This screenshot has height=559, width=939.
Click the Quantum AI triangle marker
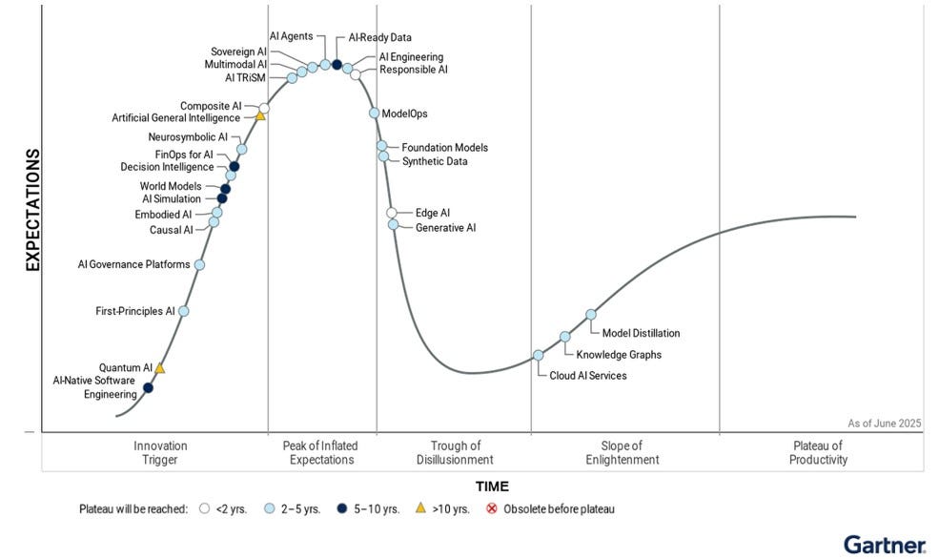160,368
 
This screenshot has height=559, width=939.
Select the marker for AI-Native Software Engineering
148,387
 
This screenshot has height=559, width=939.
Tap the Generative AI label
445,228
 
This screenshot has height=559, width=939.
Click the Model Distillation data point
591,314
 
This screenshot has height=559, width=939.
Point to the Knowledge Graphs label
619,355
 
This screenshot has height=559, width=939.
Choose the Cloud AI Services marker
538,355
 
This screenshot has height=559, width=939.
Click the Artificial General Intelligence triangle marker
260,116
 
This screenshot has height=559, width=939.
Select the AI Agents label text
291,36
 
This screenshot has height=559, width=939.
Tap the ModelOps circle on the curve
375,114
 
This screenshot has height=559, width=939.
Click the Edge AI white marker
392,213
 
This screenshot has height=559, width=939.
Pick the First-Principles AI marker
184,311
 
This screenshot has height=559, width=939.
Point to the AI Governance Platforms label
133,264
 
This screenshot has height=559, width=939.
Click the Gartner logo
884,545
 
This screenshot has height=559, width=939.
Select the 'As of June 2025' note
885,423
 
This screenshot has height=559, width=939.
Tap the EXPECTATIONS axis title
32,210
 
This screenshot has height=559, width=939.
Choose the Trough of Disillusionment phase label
456,452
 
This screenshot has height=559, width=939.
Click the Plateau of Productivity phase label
818,452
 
